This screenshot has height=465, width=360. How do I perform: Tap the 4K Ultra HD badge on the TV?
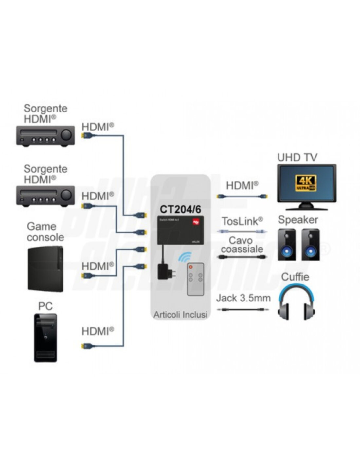pos(306,183)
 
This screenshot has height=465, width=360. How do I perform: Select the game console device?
pos(45,269)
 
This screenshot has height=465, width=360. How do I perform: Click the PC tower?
pos(45,338)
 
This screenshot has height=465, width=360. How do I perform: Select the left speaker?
pos(286,245)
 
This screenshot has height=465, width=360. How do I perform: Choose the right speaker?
pos(311,245)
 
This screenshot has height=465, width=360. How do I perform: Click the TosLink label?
pos(242,221)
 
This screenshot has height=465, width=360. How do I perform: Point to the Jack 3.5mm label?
pos(243,298)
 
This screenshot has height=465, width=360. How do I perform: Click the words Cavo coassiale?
pos(242,245)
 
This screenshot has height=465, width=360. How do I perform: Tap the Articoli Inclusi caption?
pos(180,315)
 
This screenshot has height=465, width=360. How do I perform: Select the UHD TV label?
pos(297,157)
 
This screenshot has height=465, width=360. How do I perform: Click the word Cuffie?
pos(295,277)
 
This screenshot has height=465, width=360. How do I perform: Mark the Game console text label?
pos(45,232)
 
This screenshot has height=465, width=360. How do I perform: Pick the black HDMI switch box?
pos(180,230)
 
